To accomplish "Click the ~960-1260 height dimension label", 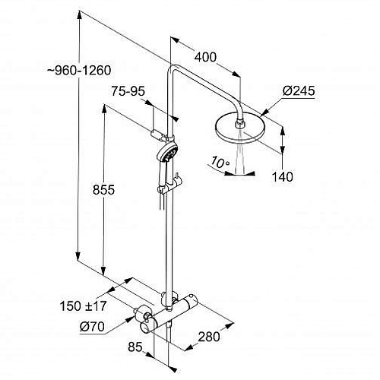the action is coord(79,70).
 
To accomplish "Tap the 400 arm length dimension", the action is coord(205,57).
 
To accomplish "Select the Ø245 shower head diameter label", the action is coord(299,90).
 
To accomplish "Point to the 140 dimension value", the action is coord(282,176).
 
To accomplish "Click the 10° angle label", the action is coord(220,162).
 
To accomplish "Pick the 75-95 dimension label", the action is coord(128,91).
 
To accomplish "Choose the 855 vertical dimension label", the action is coord(103,189).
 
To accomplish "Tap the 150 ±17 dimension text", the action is coord(83,306).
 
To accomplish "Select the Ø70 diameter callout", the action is coord(92,327).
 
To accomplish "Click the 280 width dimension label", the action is coord(209,337).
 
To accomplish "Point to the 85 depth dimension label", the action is coord(135,347).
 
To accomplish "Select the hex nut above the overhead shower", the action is coord(240,125).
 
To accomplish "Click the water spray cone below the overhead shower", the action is coord(240,153).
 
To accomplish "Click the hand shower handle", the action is coord(162,176).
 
